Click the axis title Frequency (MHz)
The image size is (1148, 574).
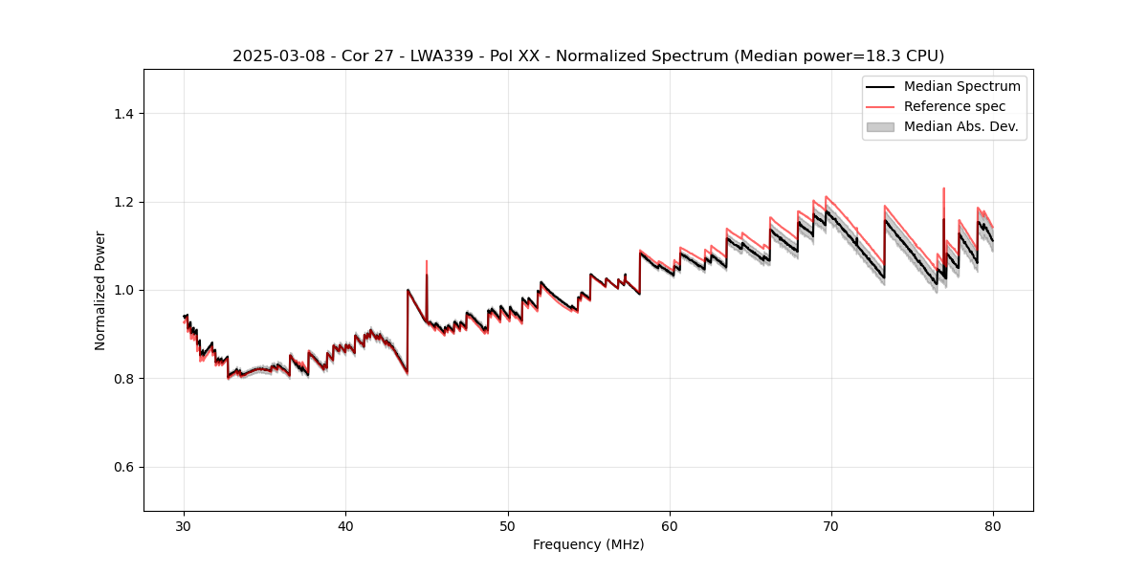point(588,544)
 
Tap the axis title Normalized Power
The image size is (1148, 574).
point(100,290)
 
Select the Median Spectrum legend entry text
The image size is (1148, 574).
point(961,87)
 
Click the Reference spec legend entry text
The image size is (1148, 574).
point(954,106)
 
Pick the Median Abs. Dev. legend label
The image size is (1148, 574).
point(961,126)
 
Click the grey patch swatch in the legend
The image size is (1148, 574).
point(879,126)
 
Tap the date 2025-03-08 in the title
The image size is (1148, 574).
point(271,56)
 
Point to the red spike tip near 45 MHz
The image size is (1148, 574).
point(427,260)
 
